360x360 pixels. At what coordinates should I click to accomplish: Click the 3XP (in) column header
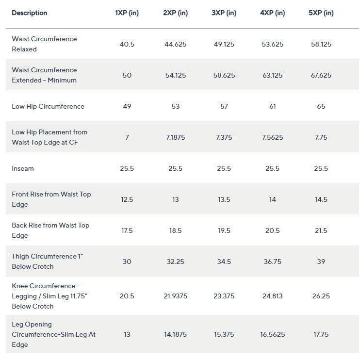coord(224,13)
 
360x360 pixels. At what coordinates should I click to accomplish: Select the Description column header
coord(30,13)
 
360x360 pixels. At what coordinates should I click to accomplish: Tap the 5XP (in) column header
coord(321,13)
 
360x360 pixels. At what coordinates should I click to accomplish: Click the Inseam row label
coord(23,168)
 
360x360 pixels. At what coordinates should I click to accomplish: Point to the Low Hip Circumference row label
coord(48,106)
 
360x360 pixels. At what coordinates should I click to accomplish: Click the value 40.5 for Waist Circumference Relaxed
coord(127,44)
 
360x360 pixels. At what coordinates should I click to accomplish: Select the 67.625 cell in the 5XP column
coord(321,75)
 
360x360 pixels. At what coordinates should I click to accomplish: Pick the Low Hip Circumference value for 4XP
coord(273,106)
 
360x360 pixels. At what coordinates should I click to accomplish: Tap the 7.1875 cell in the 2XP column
coord(176,137)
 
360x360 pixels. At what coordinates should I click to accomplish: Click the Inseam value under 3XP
coord(224,168)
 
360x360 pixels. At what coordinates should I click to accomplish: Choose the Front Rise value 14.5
coord(321,199)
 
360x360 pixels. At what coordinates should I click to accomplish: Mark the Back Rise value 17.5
coord(127,230)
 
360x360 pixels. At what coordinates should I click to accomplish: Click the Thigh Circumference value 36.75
coord(273,262)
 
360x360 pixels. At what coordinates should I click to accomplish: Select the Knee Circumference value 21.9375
coord(176,296)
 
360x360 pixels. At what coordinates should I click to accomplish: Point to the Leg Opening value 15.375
coord(224,334)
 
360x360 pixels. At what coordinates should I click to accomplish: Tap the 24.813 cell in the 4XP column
coord(273,296)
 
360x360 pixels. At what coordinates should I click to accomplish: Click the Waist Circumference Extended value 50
coord(127,75)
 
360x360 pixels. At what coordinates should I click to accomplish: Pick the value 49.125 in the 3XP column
coord(224,44)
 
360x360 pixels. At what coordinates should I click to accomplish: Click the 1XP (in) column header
coord(127,13)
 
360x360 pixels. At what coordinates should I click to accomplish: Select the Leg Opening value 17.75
coord(321,334)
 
